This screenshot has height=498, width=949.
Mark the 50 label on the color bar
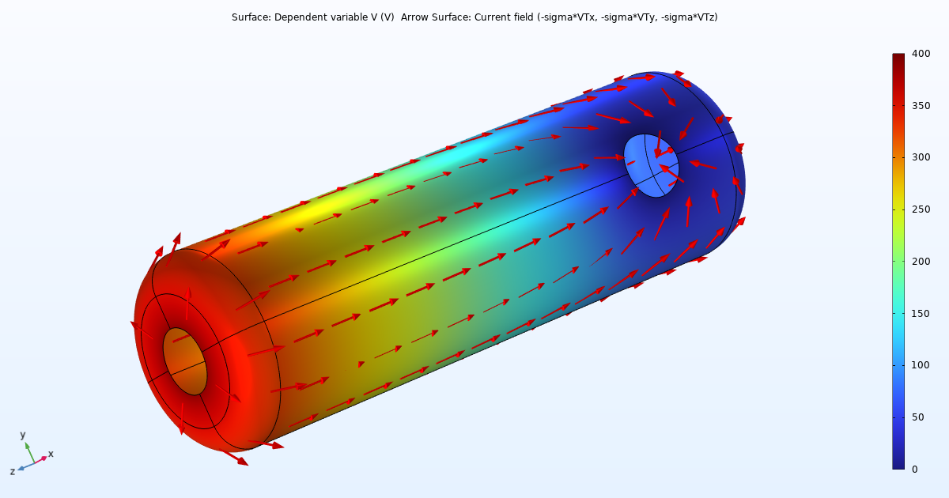click(x=916, y=417)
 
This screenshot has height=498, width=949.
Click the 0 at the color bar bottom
click(x=913, y=469)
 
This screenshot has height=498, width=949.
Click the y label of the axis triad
click(x=23, y=435)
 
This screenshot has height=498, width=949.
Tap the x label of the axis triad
click(x=51, y=454)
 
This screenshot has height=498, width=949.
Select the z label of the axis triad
click(x=12, y=471)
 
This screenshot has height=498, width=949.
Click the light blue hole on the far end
click(x=651, y=165)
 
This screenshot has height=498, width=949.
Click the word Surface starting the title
click(x=251, y=17)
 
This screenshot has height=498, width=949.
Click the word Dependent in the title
click(x=299, y=17)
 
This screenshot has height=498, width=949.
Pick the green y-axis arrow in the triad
click(x=29, y=452)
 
